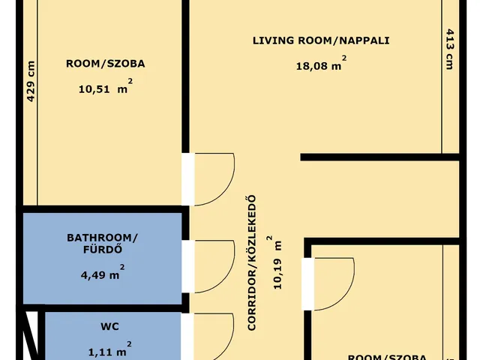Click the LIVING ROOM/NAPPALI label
[x=321, y=40]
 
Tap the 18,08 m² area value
[x=321, y=64]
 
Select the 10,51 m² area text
[x=106, y=86]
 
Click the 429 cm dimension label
[x=31, y=82]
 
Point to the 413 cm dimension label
[x=449, y=49]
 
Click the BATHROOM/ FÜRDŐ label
[x=102, y=244]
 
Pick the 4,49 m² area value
[x=103, y=272]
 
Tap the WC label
[x=109, y=327]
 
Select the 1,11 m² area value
[x=110, y=349]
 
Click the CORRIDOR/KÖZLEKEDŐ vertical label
[x=252, y=263]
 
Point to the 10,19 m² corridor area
[x=275, y=262]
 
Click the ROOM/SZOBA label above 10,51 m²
[x=106, y=64]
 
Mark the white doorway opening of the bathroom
[x=188, y=267]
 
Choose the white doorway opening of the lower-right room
[x=308, y=284]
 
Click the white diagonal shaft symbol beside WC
[x=31, y=335]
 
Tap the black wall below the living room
[x=380, y=157]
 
